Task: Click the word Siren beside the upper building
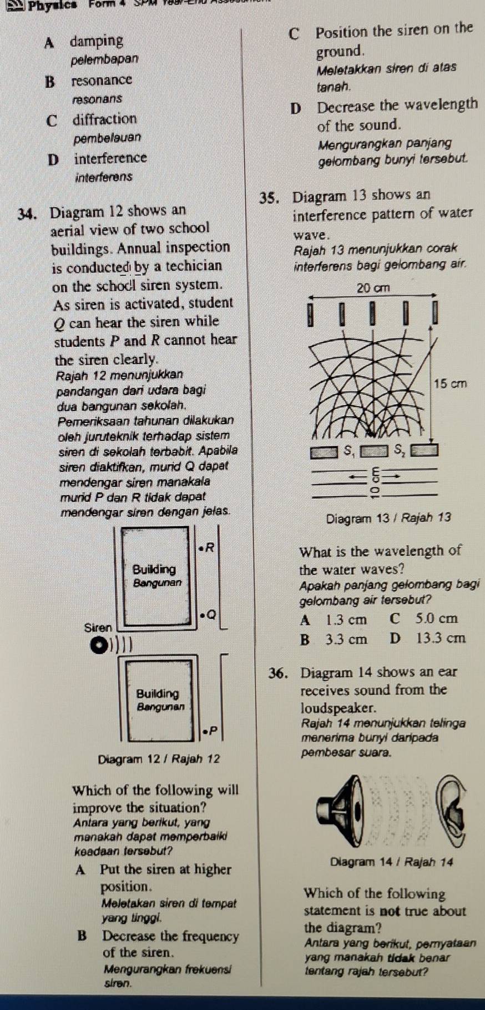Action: click(x=98, y=627)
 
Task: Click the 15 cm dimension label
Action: click(x=451, y=383)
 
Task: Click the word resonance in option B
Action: click(x=102, y=80)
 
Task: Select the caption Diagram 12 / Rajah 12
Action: click(x=159, y=759)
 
